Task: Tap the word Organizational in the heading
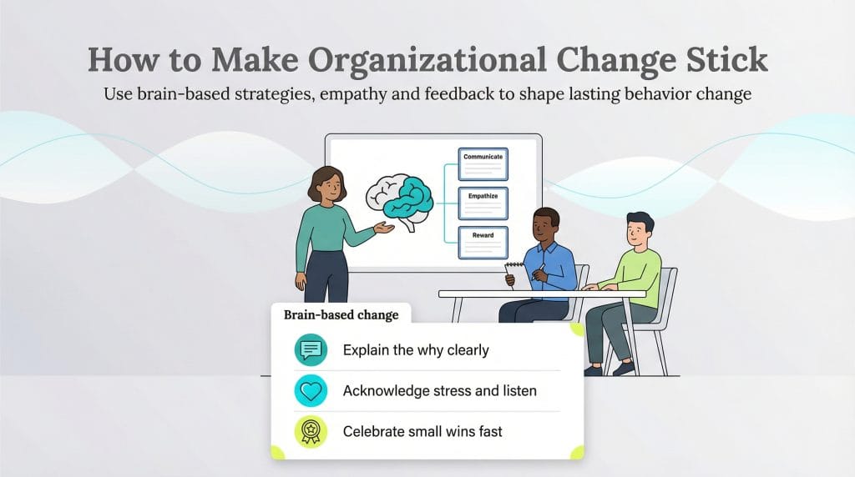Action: pos(387,60)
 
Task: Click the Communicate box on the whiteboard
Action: pos(483,164)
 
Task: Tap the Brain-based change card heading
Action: pos(341,315)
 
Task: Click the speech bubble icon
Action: pos(311,349)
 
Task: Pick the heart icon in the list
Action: pos(311,390)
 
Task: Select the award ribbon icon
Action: pos(311,431)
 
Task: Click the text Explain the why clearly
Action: pos(415,349)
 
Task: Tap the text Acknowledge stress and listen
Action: pos(439,390)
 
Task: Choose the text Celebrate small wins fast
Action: pos(422,431)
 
